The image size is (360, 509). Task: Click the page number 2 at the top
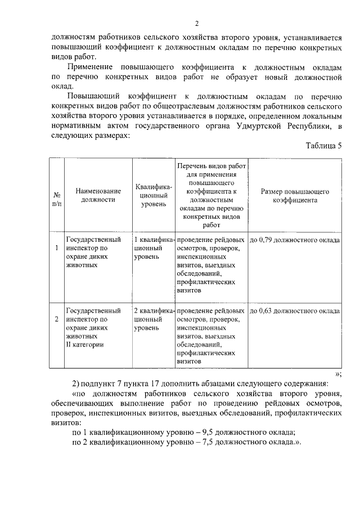pyautogui.click(x=197, y=23)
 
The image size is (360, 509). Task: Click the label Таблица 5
pyautogui.click(x=323, y=146)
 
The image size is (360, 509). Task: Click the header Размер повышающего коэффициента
pyautogui.click(x=295, y=195)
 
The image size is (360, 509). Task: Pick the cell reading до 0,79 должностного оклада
pyautogui.click(x=295, y=240)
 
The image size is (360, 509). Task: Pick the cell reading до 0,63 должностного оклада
pyautogui.click(x=295, y=310)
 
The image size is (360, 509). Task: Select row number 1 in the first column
pyautogui.click(x=56, y=247)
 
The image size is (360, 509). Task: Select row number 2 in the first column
pyautogui.click(x=56, y=319)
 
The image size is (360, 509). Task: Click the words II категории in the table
pyautogui.click(x=84, y=345)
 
